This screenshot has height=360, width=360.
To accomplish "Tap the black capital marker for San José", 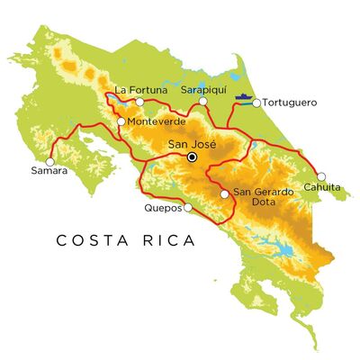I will (x=191, y=158).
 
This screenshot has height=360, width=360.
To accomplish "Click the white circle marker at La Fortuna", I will (x=139, y=102).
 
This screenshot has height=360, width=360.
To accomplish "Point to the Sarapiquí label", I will (x=200, y=90).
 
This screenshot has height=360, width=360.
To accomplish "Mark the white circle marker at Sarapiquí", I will (x=203, y=102).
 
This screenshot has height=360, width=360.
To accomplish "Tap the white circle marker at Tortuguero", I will (x=256, y=103).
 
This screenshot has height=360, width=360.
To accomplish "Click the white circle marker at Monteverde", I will (x=121, y=121).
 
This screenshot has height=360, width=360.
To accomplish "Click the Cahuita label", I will (x=322, y=187).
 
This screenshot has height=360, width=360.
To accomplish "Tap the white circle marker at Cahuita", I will (x=321, y=176).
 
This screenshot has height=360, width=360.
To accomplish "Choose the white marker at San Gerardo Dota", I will (x=223, y=193).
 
